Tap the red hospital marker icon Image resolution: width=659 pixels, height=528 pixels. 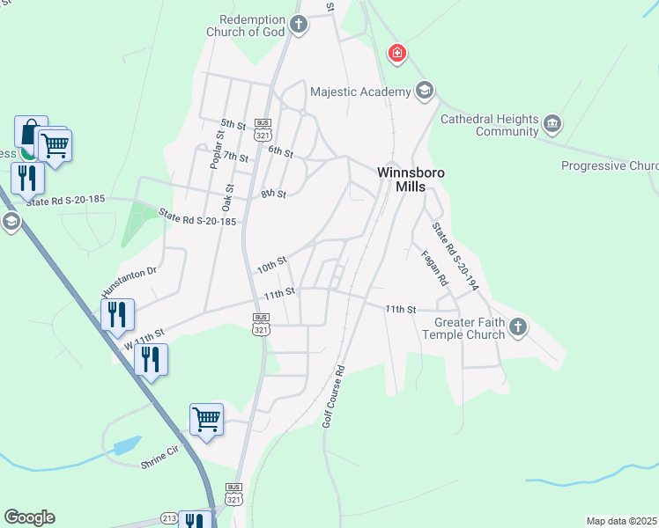tap(398, 55)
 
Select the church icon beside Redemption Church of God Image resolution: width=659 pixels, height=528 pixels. tap(299, 24)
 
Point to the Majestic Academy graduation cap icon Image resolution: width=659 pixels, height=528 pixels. tap(426, 91)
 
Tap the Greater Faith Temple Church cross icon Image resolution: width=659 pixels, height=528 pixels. tap(518, 327)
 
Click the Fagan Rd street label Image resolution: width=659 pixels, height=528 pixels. tap(435, 268)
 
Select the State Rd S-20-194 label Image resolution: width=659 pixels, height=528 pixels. tap(455, 255)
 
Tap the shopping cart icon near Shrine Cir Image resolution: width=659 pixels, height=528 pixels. tap(206, 419)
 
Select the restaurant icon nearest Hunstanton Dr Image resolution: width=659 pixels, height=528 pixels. tap(116, 314)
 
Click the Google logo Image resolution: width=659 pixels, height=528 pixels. tap(29, 517)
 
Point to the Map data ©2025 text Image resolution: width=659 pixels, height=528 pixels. tap(621, 521)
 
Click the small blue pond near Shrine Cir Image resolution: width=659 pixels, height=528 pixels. tap(127, 444)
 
